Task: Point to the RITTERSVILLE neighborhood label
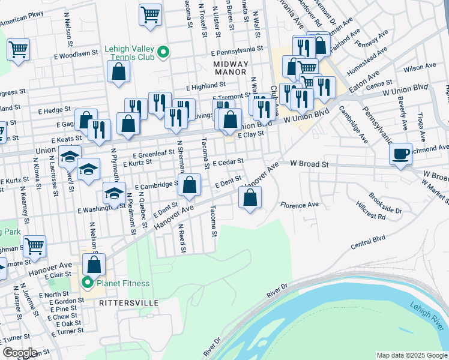click(129, 304)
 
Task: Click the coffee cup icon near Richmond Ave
click(400, 154)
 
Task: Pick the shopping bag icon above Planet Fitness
click(94, 264)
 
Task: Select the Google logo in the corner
click(20, 353)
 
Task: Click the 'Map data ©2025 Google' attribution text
click(411, 355)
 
